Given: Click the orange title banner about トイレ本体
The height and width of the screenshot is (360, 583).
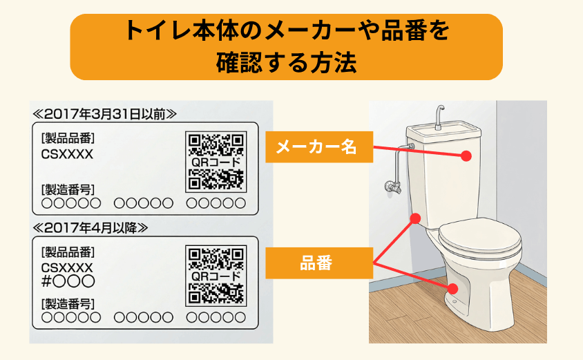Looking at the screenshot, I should click(286, 46).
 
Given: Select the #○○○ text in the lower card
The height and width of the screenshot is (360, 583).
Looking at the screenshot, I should click(68, 281).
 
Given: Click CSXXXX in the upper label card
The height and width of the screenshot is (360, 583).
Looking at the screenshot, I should click(67, 153).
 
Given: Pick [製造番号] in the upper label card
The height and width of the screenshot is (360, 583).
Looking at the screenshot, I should click(68, 189).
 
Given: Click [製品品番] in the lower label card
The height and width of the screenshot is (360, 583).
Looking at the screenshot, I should click(68, 252).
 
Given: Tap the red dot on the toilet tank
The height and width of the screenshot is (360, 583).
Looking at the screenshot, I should click(468, 157).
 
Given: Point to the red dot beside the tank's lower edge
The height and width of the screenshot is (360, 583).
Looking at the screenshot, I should click(415, 218).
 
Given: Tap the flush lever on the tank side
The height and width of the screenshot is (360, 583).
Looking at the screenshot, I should click(410, 146).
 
